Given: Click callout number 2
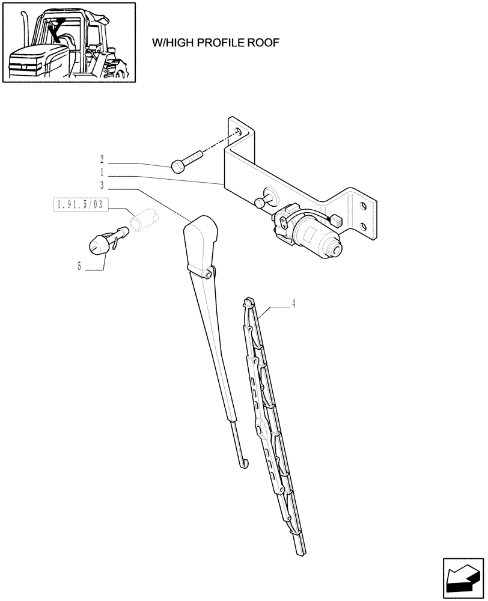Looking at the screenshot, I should click(102, 160).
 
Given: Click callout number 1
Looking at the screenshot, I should click(102, 172).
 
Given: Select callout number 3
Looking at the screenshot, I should click(102, 185).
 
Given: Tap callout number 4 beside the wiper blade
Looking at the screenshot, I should click(293, 304).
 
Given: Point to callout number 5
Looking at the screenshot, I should click(79, 266).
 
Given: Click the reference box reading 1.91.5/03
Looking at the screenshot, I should click(78, 205).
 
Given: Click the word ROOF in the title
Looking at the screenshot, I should click(263, 43).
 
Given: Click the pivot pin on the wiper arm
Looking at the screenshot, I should click(209, 274).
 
